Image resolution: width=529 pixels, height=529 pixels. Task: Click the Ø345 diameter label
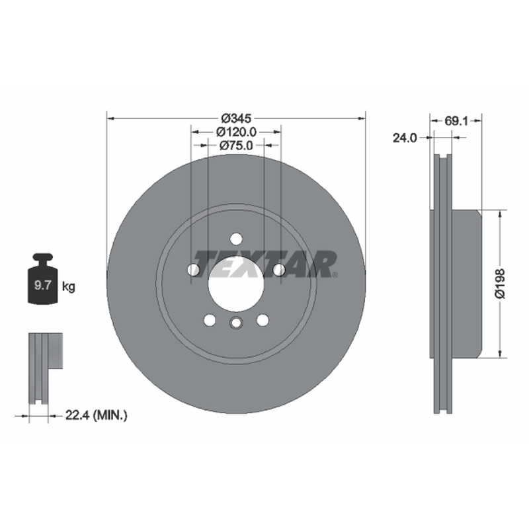(236, 118)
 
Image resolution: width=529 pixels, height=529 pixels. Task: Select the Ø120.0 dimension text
(236, 132)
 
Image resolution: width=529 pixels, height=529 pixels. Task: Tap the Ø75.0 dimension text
(236, 145)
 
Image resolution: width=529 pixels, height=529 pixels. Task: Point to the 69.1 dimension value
(456, 121)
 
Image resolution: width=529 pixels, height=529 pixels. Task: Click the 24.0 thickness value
(405, 138)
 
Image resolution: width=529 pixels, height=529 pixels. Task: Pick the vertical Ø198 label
(500, 284)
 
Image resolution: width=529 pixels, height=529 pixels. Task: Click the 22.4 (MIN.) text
(96, 415)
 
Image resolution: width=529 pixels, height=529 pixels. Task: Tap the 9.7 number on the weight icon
(42, 286)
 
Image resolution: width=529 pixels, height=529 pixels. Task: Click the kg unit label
(69, 287)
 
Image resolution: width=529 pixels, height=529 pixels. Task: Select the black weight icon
(43, 278)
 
